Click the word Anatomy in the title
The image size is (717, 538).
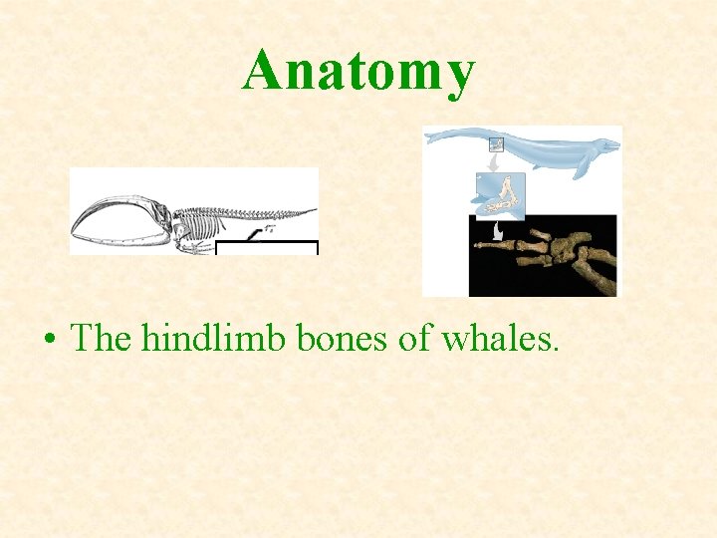pos(358,72)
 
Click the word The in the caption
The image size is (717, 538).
pos(103,339)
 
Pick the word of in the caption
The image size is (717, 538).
pos(415,339)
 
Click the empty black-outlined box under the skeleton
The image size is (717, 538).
pos(266,248)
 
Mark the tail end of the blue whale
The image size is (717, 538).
pos(430,136)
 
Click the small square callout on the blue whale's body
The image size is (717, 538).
pos(496,143)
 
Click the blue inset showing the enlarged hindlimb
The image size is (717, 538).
pos(498,195)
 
